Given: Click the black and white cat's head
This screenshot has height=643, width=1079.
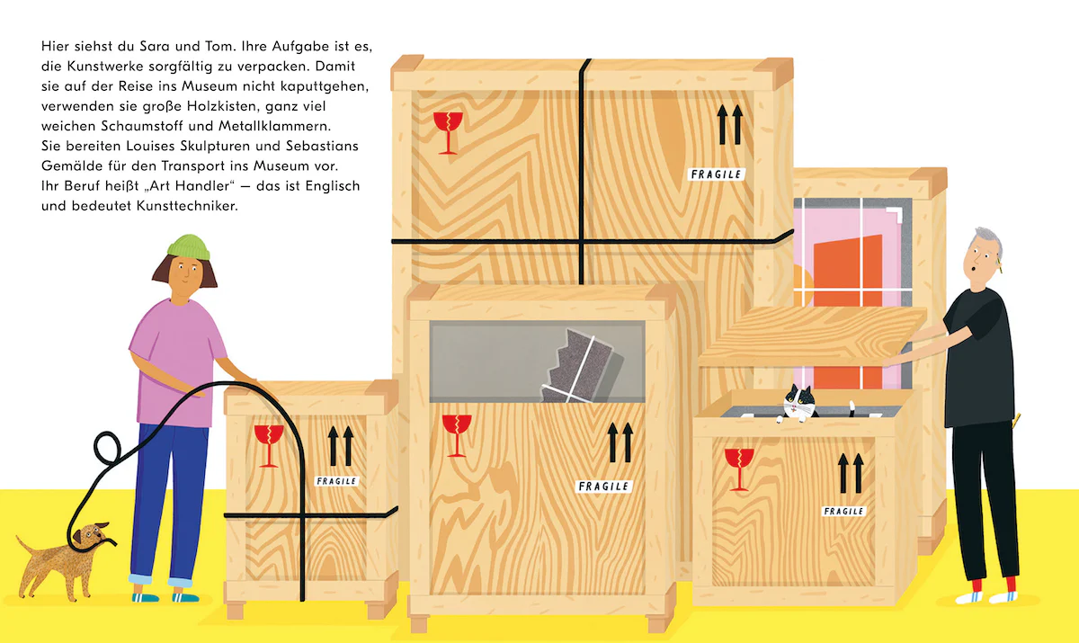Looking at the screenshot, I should [794, 399].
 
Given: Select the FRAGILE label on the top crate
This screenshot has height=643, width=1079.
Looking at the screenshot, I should [715, 174].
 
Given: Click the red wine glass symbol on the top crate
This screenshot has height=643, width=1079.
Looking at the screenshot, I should [446, 130].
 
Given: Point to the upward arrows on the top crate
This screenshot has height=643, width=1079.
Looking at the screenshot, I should [729, 125].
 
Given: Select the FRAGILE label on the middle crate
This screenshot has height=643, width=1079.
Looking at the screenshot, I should [603, 487].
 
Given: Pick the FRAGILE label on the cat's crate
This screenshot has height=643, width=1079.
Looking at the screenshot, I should [843, 511].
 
